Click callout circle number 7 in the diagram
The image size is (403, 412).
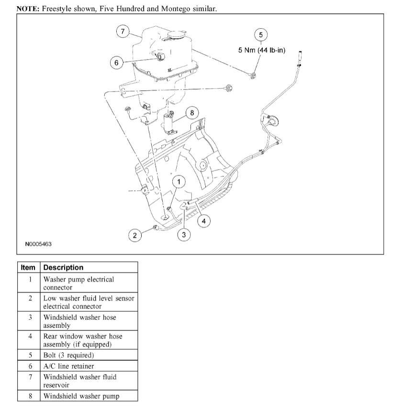(123, 32)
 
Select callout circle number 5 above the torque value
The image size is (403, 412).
(261, 35)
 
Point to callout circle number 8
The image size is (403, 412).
(191, 113)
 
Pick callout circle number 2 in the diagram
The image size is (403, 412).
(135, 235)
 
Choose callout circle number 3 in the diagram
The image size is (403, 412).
(183, 235)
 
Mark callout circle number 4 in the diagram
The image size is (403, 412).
(203, 221)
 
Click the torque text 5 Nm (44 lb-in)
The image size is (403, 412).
(262, 50)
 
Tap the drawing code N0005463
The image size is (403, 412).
(39, 244)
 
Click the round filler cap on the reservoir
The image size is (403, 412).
(176, 35)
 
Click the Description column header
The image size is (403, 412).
(63, 268)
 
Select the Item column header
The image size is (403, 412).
(29, 268)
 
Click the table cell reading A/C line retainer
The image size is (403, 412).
(68, 366)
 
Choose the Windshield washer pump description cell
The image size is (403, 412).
(81, 396)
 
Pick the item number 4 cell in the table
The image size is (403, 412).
(30, 336)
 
